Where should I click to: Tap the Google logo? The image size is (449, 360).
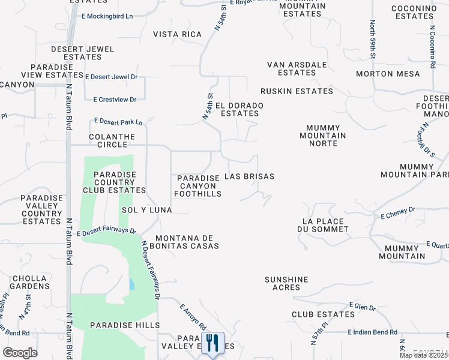click(20, 353)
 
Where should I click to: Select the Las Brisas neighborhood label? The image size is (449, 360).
click(249, 177)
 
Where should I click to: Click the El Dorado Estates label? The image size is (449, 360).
click(240, 109)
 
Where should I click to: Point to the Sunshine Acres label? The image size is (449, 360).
click(286, 283)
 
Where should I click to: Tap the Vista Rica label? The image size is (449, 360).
click(177, 34)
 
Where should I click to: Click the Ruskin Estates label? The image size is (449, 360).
click(297, 91)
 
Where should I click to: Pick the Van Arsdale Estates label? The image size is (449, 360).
click(297, 68)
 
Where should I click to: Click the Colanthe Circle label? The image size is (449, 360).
click(108, 140)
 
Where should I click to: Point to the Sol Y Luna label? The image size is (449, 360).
click(146, 210)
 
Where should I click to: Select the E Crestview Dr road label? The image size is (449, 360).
click(115, 99)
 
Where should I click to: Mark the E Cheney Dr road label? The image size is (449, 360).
click(394, 212)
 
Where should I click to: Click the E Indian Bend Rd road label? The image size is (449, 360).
click(372, 332)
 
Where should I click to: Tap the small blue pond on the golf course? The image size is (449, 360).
click(131, 284)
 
